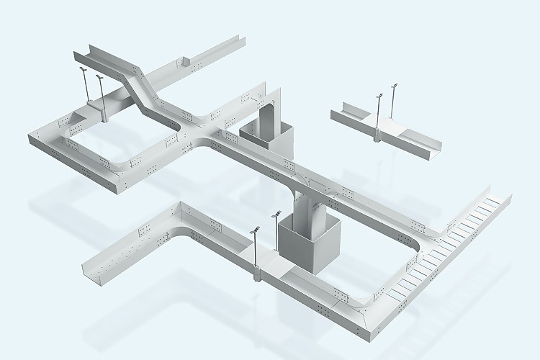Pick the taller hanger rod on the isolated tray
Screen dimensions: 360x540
[x=393, y=108]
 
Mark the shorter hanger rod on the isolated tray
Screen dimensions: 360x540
[x=379, y=115]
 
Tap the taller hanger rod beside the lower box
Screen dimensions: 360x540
[x=276, y=234]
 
